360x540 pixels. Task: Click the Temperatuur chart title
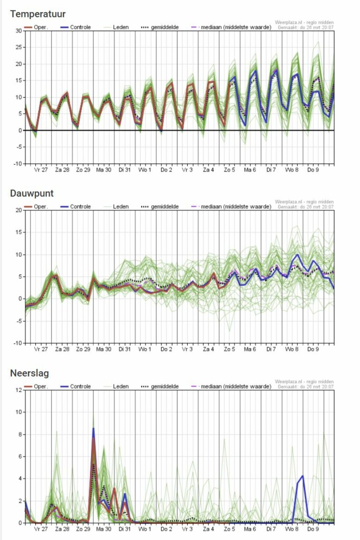click(x=37, y=14)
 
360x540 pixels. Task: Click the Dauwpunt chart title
click(x=32, y=194)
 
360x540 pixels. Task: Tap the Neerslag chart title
click(x=30, y=373)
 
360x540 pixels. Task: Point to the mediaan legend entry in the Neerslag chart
click(x=233, y=387)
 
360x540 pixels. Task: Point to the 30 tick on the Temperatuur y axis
click(x=18, y=31)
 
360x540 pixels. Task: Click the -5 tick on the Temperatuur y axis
click(x=18, y=147)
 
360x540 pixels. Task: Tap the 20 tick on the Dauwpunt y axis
click(x=18, y=210)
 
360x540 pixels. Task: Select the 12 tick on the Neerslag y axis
click(x=18, y=390)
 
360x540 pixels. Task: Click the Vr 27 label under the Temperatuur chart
click(x=41, y=170)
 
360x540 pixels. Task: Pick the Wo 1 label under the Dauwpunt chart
click(x=144, y=349)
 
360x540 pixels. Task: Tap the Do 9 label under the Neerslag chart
click(x=313, y=529)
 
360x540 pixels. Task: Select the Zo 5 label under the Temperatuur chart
click(x=229, y=170)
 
